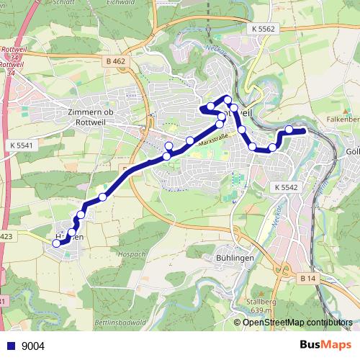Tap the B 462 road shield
point(114,62)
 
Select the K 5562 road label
point(264,28)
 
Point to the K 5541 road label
point(24,145)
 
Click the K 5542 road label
point(286,186)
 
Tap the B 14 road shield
point(308,278)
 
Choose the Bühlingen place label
point(233,257)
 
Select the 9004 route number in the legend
point(33,346)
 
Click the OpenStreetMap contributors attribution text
point(299,323)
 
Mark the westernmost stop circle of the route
point(57,243)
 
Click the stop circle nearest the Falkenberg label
point(289,130)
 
